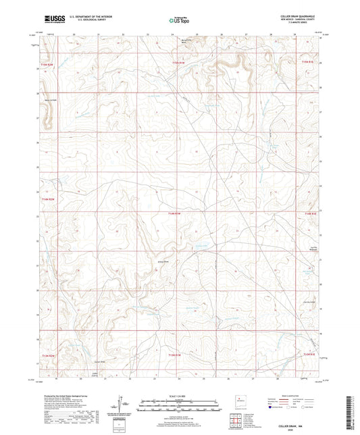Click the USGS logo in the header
[x=52, y=21]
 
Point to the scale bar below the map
[x=179, y=405]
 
